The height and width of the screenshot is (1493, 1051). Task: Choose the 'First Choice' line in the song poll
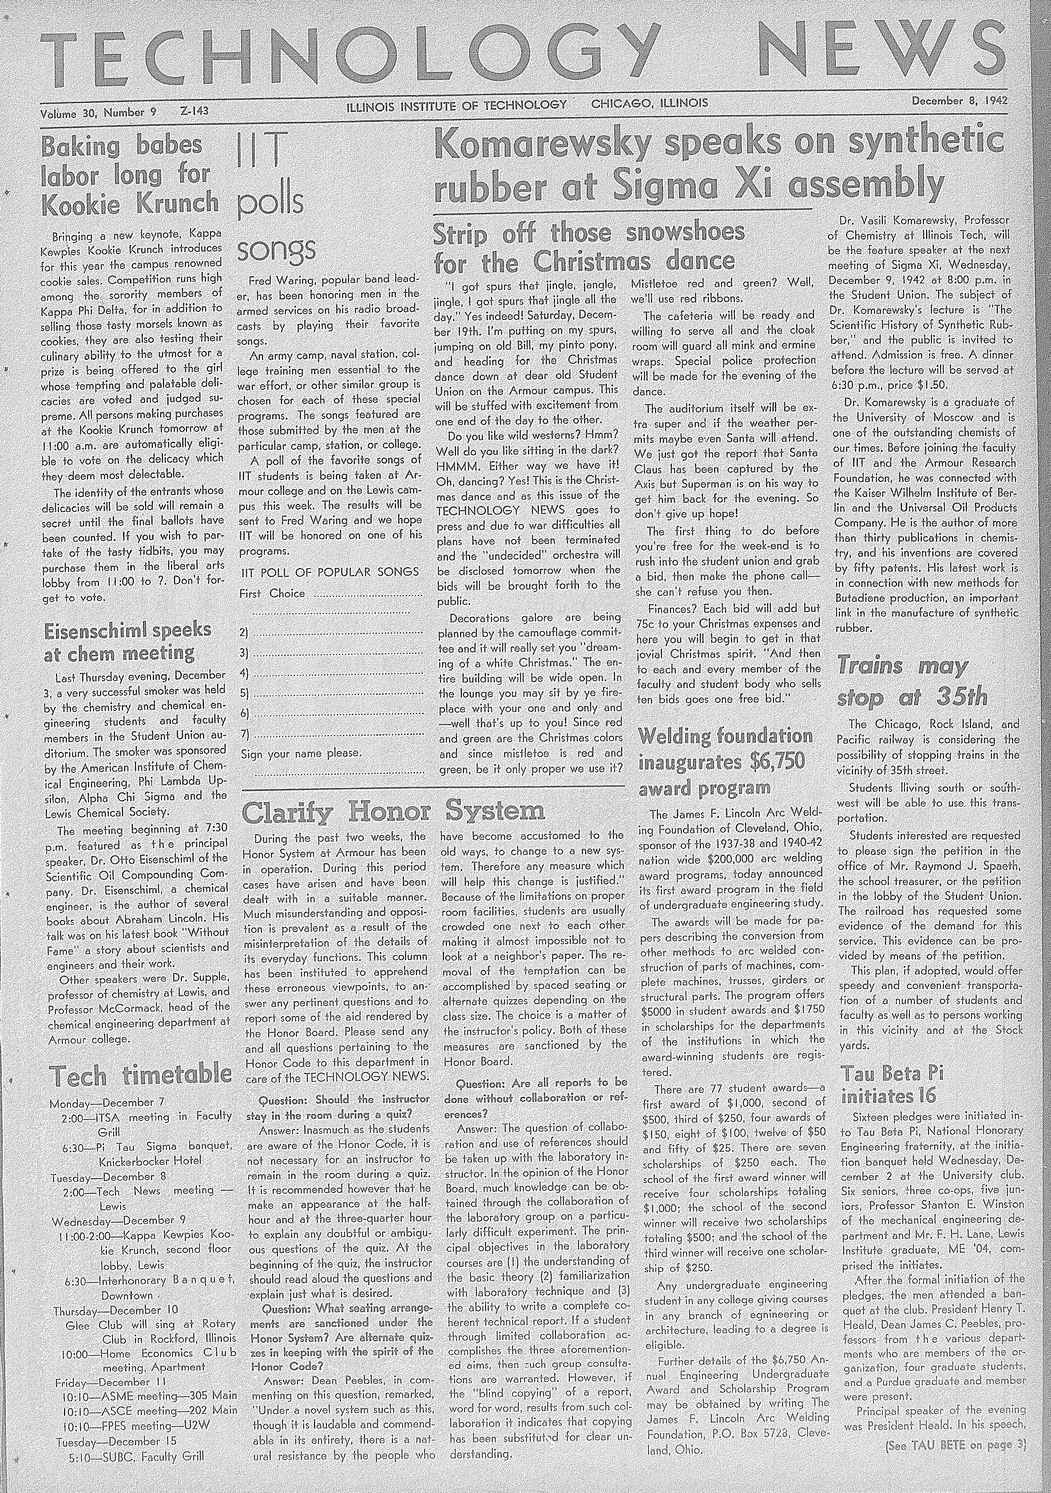(x=273, y=593)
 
